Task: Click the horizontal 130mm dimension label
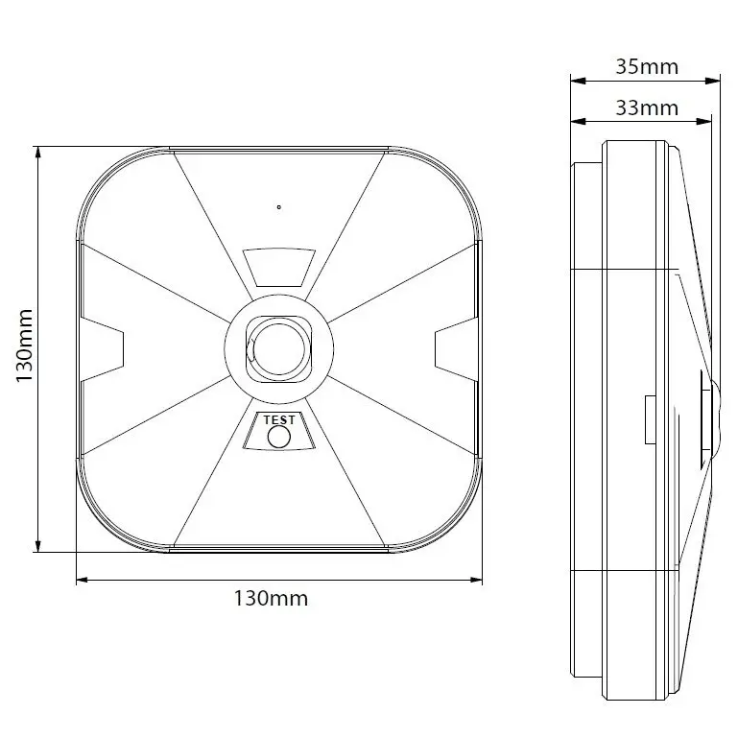click(x=271, y=599)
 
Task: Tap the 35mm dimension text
click(x=646, y=67)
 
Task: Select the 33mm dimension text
click(x=646, y=107)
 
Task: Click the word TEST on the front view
click(x=278, y=418)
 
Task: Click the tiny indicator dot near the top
click(x=278, y=206)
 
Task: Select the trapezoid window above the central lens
click(x=278, y=267)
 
